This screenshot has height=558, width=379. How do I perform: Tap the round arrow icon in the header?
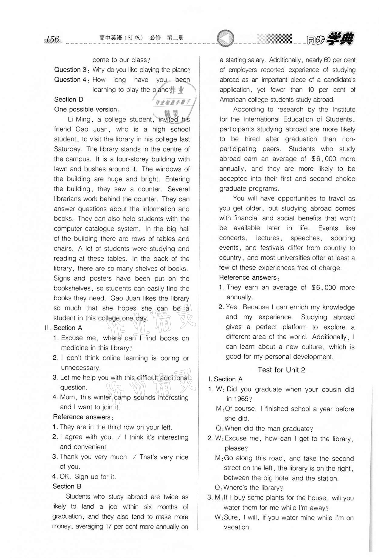pyautogui.click(x=226, y=38)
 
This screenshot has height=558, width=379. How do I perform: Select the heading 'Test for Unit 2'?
pyautogui.click(x=281, y=370)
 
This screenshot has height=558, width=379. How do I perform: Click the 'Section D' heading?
pyautogui.click(x=69, y=99)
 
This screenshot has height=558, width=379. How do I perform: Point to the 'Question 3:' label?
pyautogui.click(x=72, y=70)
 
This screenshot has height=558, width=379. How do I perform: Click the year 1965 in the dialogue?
pyautogui.click(x=241, y=399)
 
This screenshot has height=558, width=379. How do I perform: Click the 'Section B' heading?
pyautogui.click(x=67, y=486)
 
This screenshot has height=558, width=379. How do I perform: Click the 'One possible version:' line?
pyautogui.click(x=87, y=109)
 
